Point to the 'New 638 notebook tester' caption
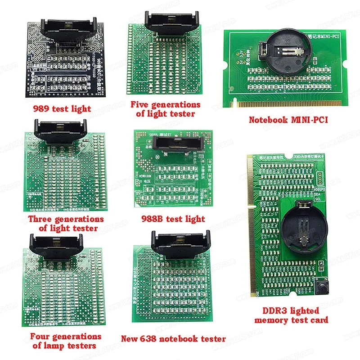coord(173,339)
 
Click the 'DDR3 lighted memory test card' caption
coord(291,315)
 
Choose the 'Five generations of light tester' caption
coord(165,109)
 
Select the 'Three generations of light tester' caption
coord(66,223)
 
